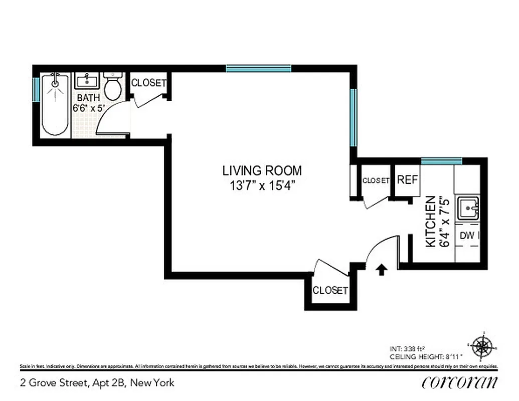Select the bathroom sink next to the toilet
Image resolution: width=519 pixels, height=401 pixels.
(x=88, y=80)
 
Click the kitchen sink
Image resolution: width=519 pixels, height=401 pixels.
(x=468, y=208)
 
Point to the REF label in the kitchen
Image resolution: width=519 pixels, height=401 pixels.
(x=407, y=179)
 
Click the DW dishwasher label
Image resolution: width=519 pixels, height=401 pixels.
(x=467, y=235)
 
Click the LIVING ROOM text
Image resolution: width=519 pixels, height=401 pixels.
(x=262, y=170)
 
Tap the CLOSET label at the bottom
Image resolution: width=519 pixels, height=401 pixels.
(x=330, y=290)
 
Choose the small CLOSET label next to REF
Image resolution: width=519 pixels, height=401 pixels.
(x=376, y=180)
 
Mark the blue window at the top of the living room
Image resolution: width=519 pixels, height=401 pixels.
(x=258, y=69)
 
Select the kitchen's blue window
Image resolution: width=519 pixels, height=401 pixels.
(x=441, y=161)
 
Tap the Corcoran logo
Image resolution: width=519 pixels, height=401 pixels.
(x=460, y=382)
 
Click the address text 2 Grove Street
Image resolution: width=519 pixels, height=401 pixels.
(x=55, y=383)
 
